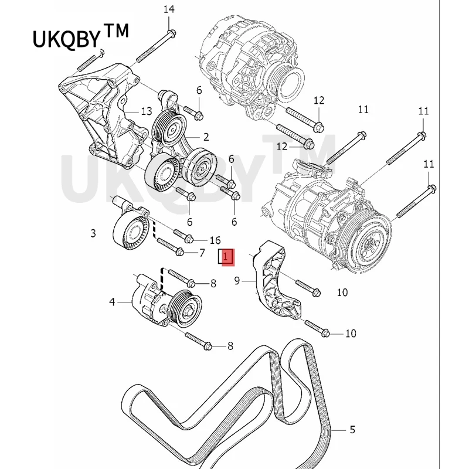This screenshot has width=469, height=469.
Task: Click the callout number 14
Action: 169,9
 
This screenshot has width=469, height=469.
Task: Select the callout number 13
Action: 146,111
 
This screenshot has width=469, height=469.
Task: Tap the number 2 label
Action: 206,137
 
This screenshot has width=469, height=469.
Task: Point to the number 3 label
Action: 93,234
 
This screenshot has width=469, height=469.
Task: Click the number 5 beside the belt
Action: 352,430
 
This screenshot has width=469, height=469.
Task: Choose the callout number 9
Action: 237,281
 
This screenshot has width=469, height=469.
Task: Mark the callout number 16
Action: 215,240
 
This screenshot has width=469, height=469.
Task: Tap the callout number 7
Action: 202,253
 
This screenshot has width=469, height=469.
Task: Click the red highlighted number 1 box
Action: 226,256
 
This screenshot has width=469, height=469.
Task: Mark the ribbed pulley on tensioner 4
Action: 183,308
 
